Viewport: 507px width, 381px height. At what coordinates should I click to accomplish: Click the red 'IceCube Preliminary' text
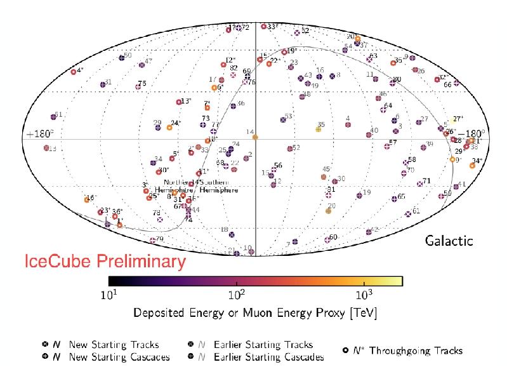coord(105,261)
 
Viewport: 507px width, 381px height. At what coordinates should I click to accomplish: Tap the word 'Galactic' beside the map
coord(449,241)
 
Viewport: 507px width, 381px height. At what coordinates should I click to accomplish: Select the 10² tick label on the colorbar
coord(236,296)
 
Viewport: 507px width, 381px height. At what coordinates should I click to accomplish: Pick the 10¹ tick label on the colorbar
coord(109,296)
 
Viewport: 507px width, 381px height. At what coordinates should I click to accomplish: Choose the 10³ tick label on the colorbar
coord(364,296)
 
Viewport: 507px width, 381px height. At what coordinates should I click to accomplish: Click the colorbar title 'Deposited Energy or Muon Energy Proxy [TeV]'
coord(254,313)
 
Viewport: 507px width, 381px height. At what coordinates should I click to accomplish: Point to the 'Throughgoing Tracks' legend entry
coord(416,350)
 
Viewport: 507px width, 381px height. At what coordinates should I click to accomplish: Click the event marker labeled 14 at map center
coord(255,137)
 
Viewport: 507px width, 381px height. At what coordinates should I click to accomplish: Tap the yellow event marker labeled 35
coord(318,130)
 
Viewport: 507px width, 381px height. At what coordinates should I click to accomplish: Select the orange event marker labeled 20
coord(328,211)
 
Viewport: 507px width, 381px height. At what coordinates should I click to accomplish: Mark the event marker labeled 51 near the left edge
coord(54,117)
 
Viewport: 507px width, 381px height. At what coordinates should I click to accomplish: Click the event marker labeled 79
coord(153,240)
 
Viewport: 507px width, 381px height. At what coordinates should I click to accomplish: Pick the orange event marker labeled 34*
coord(472,166)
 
